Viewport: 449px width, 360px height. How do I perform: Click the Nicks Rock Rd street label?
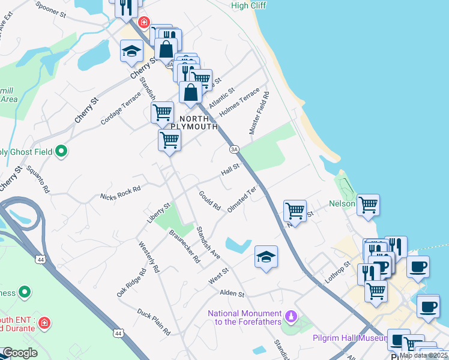click(121, 192)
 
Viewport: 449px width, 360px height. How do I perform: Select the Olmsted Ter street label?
click(242, 199)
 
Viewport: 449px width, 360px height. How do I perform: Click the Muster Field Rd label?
click(258, 113)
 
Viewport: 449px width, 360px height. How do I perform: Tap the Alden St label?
click(232, 293)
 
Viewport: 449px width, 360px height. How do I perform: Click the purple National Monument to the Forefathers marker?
click(291, 314)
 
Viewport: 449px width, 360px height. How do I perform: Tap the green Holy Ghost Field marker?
click(61, 151)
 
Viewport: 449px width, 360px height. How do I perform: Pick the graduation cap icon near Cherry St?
click(131, 52)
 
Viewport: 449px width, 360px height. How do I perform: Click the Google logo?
click(20, 353)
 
